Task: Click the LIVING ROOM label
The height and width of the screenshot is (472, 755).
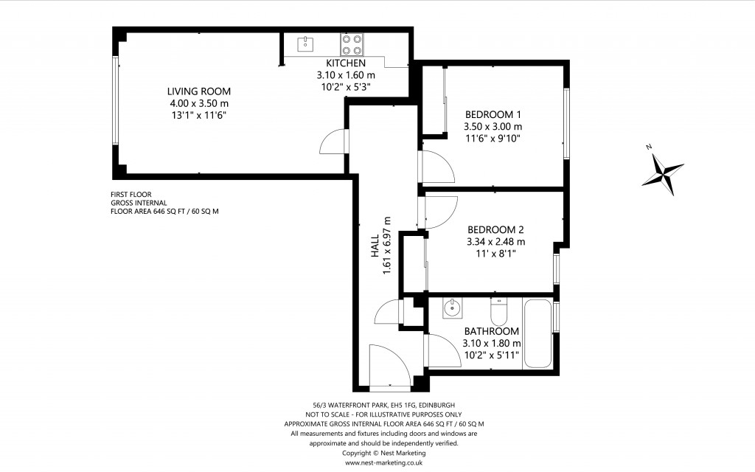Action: tap(198, 91)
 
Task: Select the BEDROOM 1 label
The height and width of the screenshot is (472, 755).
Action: tap(493, 114)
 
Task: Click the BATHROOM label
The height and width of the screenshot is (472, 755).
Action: tap(491, 331)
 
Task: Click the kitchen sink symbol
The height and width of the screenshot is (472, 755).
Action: tap(304, 44)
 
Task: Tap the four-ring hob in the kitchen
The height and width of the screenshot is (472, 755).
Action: tap(351, 45)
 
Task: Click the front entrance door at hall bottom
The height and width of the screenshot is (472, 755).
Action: tap(390, 367)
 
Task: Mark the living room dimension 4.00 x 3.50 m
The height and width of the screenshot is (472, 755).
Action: tap(198, 103)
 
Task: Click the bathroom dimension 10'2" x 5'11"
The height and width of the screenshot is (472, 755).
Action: tap(491, 355)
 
